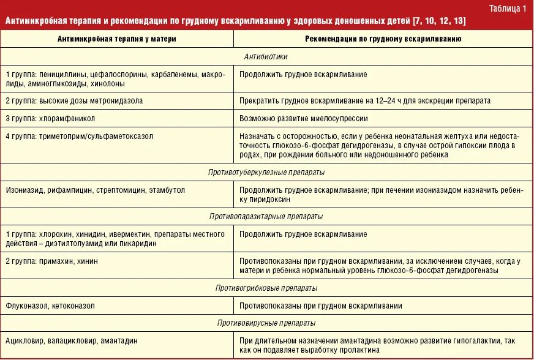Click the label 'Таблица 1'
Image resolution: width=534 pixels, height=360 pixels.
point(508,8)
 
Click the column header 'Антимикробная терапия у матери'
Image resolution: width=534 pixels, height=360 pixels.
point(116,39)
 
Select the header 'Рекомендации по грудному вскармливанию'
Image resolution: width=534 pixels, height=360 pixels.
point(383,39)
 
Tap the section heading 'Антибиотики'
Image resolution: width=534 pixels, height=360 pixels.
point(266,56)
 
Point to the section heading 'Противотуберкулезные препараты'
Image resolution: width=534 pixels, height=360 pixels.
point(266,173)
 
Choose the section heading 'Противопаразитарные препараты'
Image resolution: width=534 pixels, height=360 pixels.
point(266,217)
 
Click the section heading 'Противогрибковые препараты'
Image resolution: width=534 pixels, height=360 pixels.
point(266,288)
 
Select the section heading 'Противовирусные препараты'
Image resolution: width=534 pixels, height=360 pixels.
point(266,323)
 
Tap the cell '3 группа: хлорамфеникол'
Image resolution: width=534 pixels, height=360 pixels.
point(50,118)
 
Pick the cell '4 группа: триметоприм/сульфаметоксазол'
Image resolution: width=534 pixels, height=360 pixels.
point(79,135)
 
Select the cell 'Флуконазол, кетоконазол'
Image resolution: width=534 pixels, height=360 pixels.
point(50,306)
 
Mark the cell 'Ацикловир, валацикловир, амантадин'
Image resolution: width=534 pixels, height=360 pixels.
point(72,340)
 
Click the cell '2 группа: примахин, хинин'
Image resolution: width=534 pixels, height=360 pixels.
point(51,261)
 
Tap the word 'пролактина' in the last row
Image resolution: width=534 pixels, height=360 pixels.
point(361,350)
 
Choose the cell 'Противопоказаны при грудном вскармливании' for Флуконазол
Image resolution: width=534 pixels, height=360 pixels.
point(321,306)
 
